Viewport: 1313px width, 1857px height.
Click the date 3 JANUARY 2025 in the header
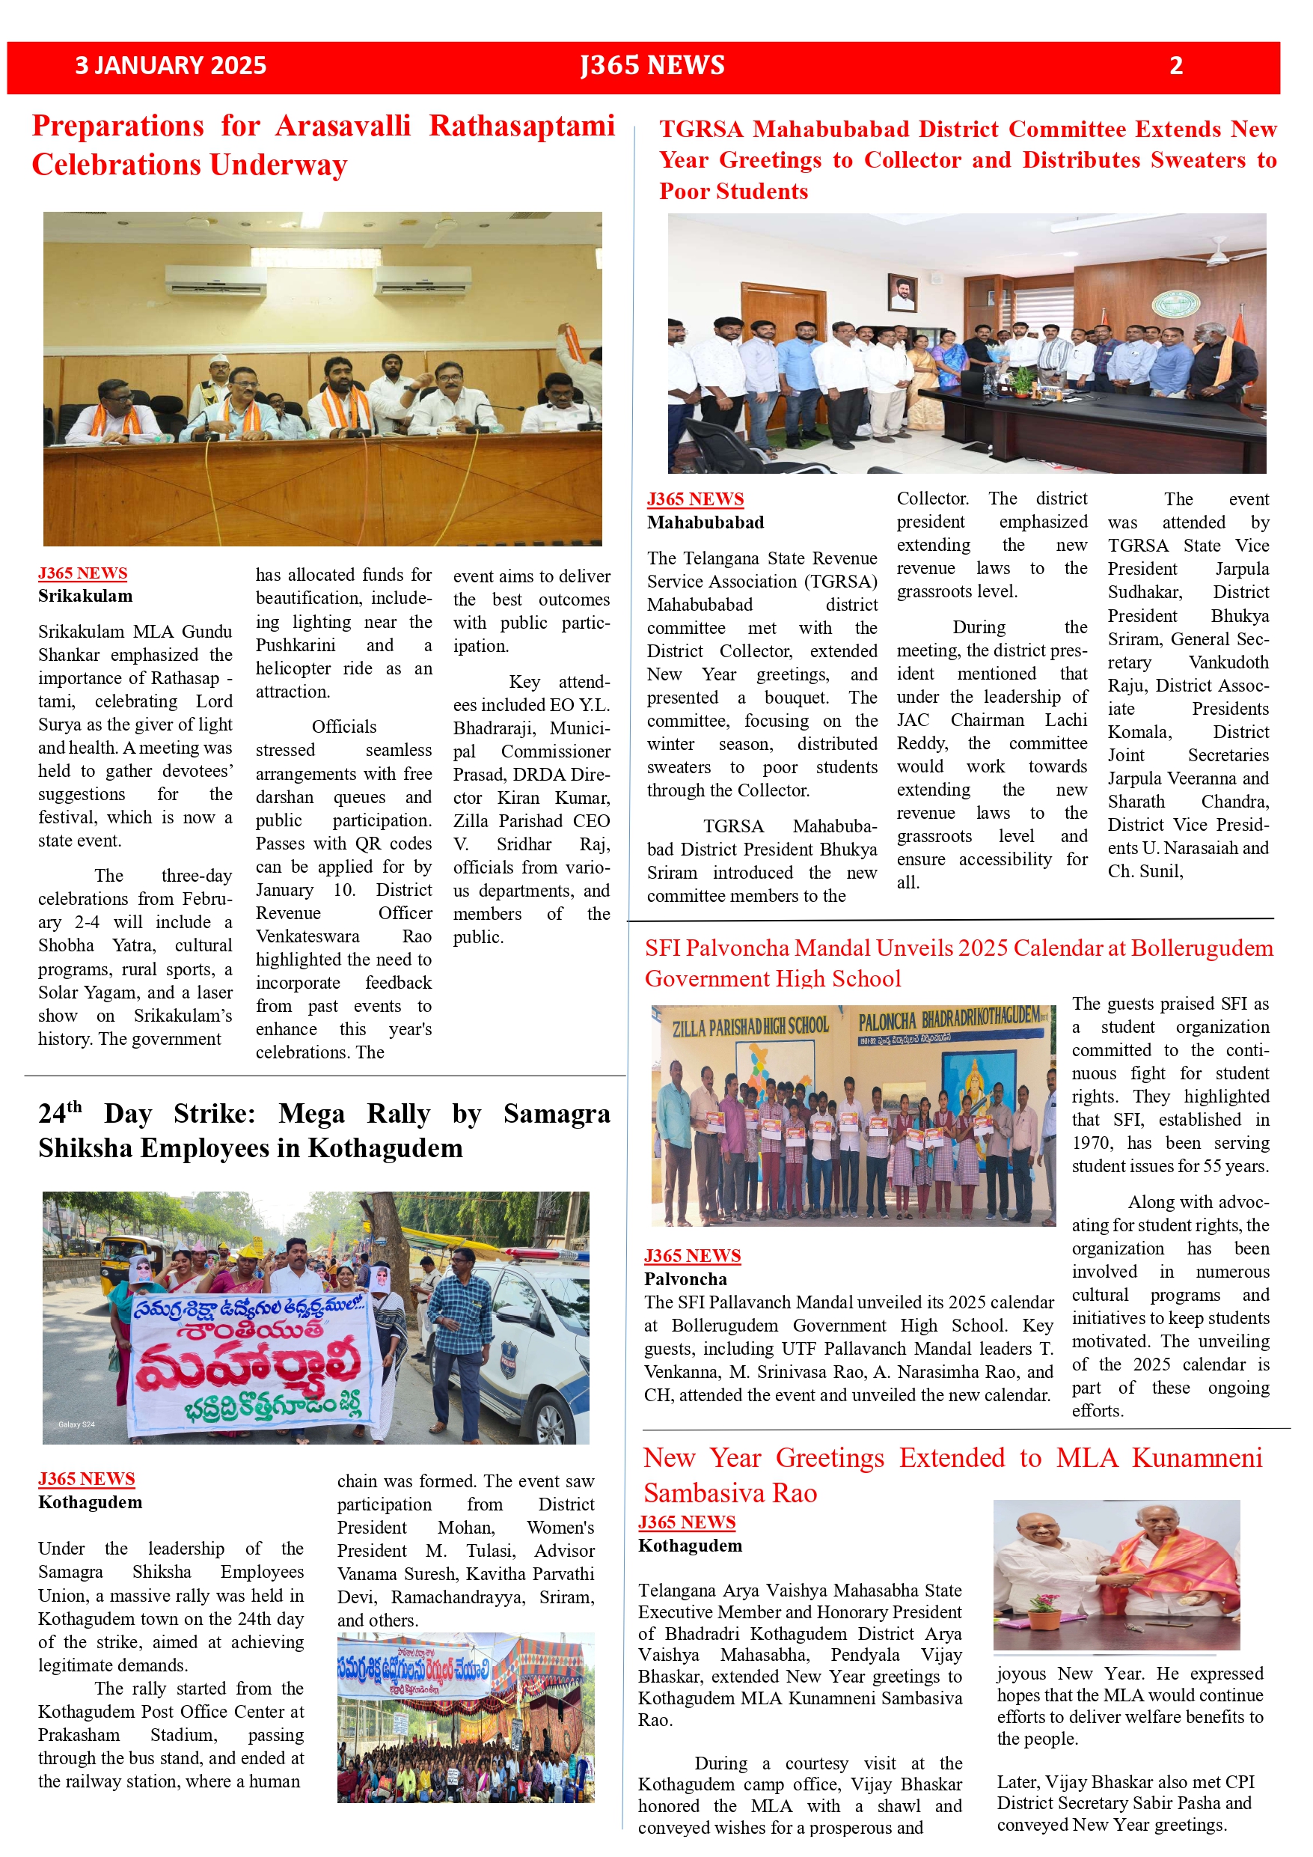coord(171,66)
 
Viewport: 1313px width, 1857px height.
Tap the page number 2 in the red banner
coord(1175,66)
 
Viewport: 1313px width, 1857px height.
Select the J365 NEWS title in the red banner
coord(652,66)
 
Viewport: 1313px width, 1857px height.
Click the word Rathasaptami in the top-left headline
coord(521,126)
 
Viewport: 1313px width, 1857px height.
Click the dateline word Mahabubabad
coord(705,522)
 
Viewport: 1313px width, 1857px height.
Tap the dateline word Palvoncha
coord(685,1278)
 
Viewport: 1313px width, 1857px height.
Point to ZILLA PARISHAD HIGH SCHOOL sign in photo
coord(750,1026)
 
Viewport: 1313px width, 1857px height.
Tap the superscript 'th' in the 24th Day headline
coord(73,1106)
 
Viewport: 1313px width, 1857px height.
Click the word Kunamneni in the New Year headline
coord(1196,1458)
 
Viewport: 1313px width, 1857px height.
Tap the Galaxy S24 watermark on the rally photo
coord(76,1424)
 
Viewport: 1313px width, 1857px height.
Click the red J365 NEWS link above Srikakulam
coord(82,573)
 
